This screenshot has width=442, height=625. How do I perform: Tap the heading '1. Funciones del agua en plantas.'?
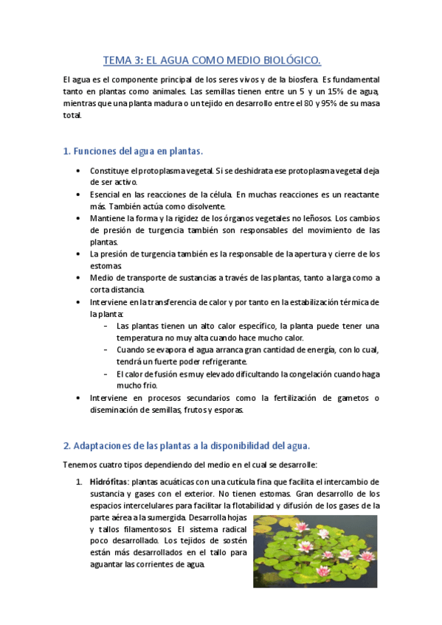pyautogui.click(x=133, y=151)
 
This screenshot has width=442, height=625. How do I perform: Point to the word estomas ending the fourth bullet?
pyautogui.click(x=106, y=265)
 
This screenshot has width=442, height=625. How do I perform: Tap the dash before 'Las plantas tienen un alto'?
pyautogui.click(x=108, y=326)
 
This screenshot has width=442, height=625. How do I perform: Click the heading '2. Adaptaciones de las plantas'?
pyautogui.click(x=186, y=445)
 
